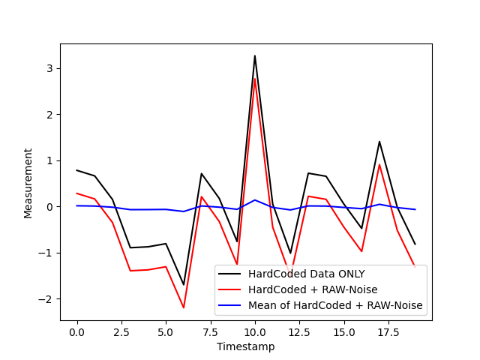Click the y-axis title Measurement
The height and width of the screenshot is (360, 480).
[28, 182]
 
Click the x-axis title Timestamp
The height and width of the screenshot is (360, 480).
[245, 346]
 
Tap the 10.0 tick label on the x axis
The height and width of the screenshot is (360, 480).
[254, 331]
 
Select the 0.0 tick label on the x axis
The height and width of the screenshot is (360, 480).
[76, 331]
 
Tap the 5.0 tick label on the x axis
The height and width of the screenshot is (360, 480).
[166, 331]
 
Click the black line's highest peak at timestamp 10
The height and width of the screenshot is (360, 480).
[254, 55]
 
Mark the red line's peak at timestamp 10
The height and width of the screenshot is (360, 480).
[254, 79]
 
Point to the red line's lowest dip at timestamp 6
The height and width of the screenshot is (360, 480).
[184, 307]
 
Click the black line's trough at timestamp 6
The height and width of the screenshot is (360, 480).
[184, 284]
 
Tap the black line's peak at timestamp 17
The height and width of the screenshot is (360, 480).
[379, 142]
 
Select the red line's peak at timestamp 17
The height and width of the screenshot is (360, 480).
[379, 165]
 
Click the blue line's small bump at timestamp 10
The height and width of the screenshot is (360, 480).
[254, 200]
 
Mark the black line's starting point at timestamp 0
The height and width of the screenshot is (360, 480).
[76, 170]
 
